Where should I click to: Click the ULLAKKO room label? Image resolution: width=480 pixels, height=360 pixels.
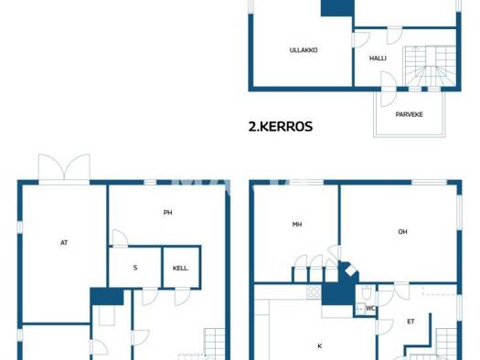point(304,50)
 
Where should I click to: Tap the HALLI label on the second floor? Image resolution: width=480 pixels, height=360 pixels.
point(378,58)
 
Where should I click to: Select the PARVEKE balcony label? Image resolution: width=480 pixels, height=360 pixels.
point(410,114)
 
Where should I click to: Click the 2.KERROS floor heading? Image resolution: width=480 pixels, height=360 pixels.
point(281,126)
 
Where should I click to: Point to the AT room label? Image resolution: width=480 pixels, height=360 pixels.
point(64,242)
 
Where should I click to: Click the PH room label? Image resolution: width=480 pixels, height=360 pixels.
point(167,212)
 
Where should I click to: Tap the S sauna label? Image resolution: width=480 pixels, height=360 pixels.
point(135,268)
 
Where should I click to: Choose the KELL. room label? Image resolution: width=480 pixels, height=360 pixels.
point(180,269)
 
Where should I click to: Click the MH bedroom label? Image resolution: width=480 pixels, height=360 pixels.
point(297,224)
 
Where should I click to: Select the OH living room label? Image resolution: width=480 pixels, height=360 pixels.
point(402,232)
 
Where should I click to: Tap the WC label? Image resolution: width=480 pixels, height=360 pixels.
point(370,308)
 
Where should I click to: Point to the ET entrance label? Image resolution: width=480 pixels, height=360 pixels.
point(411,322)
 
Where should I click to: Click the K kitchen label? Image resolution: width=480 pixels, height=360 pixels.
point(320,346)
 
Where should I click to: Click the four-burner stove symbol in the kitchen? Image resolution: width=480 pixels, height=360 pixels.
point(314,291)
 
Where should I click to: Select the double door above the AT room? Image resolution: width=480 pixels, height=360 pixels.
point(64,169)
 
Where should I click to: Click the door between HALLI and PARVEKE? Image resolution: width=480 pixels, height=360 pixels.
point(389,89)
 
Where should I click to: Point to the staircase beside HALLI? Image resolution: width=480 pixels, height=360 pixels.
point(430,66)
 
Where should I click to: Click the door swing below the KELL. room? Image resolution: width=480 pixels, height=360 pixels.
point(182,296)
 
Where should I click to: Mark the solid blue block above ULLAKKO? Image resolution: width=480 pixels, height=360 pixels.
point(337,8)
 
